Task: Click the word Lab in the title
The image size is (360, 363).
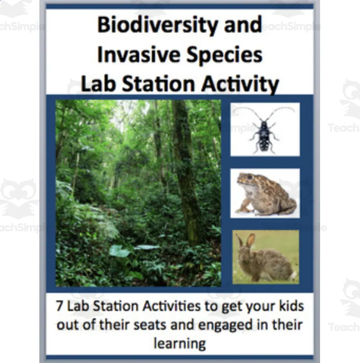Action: pyautogui.click(x=99, y=84)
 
